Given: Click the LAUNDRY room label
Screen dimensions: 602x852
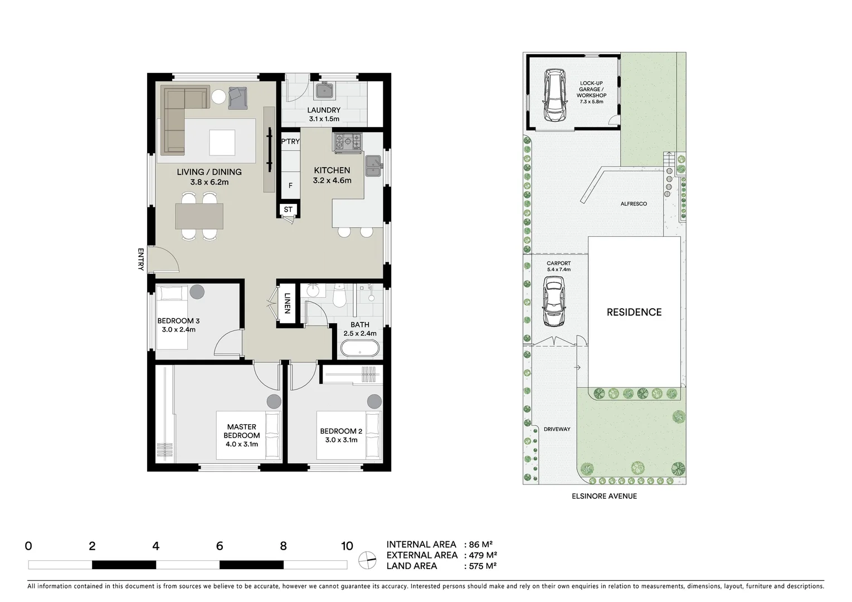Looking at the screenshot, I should (324, 110).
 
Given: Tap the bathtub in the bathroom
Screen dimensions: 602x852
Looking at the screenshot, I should (360, 349).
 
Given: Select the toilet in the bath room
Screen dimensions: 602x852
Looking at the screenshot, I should (340, 298).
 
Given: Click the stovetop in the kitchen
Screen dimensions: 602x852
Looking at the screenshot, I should (348, 142).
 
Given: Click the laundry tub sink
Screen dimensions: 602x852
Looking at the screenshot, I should (324, 91).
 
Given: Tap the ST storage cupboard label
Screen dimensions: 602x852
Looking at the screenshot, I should (288, 210).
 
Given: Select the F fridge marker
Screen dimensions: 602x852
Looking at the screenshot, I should (290, 186).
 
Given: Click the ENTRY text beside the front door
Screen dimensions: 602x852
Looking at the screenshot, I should (140, 259).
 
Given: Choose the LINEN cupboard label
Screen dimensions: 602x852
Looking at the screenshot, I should (288, 303).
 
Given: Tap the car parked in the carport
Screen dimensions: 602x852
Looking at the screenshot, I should (554, 303).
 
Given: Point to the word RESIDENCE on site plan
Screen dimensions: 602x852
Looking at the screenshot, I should (634, 312).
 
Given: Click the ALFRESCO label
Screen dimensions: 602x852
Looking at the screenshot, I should (634, 204).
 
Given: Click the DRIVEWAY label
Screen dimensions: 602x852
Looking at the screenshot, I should (557, 429).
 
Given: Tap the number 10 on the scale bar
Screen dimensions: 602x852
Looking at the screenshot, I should (347, 546).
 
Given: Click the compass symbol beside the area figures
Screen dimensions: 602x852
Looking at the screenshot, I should (367, 560).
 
